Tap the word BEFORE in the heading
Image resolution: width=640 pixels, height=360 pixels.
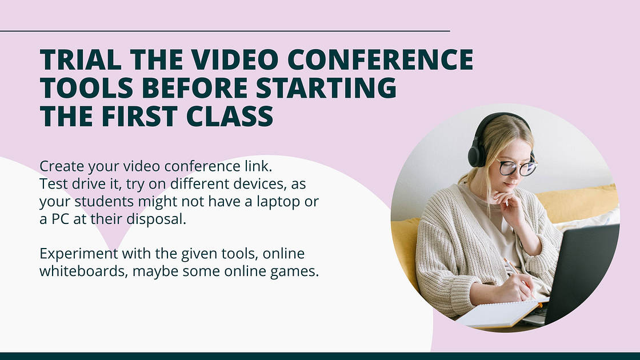click(x=194, y=88)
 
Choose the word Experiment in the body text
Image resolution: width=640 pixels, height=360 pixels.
click(x=79, y=253)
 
